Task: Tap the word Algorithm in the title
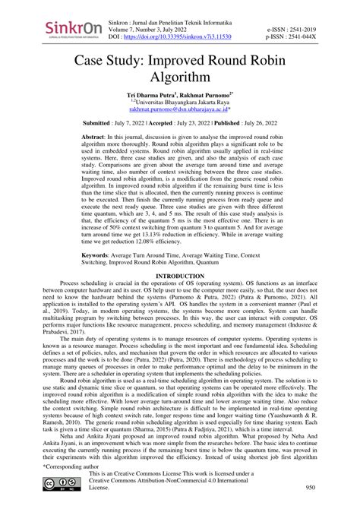coord(180,78)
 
